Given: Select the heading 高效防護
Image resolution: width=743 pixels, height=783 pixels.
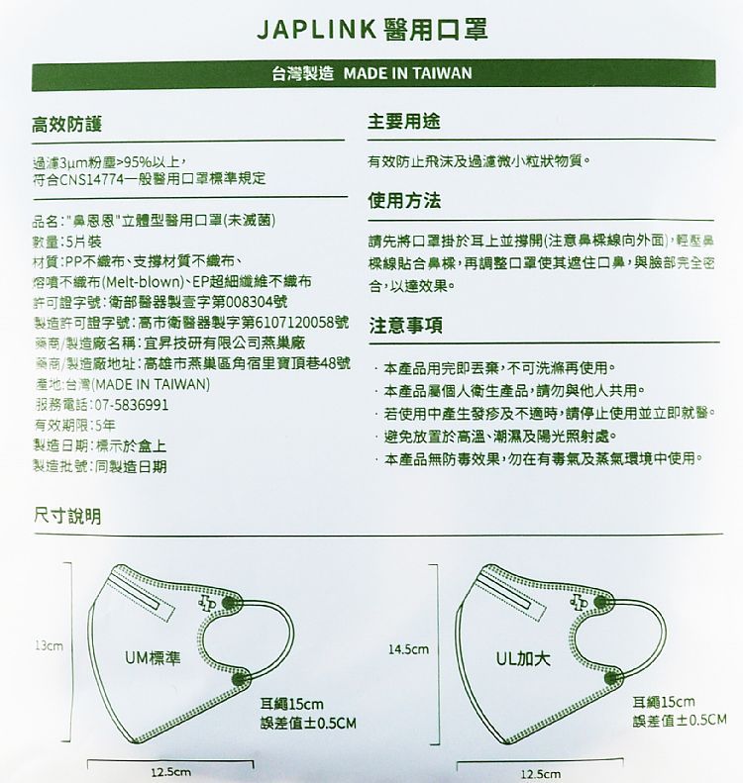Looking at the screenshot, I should coord(66,125).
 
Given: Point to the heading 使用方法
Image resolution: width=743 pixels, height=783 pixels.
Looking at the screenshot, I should coord(404,200).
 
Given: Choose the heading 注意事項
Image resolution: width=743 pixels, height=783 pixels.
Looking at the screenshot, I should coord(404,326).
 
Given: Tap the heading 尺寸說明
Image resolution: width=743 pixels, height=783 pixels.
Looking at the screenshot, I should coord(66,517).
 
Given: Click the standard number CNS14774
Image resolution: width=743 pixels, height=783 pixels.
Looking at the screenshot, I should coord(90,178).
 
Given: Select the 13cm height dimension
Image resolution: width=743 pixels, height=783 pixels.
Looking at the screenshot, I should coord(49,645).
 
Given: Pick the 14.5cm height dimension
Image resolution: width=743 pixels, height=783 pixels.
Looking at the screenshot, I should coord(408,649).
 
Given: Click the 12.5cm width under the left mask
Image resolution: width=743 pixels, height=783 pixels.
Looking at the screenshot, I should coord(170,771).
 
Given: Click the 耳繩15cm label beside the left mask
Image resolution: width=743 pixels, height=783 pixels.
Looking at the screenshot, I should coord(284,703).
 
